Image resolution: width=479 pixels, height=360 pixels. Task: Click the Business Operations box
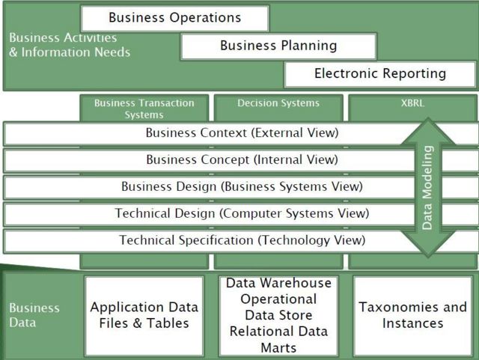coord(175,18)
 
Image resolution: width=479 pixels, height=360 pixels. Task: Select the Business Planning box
coord(278,46)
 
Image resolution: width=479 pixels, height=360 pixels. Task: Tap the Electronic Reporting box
coord(380,74)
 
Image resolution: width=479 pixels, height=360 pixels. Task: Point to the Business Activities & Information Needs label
coord(70,45)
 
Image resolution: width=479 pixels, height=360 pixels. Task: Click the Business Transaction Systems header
coord(144,109)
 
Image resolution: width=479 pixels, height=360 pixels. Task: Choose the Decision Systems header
coord(278,103)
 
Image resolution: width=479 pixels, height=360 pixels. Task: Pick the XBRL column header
coord(412,103)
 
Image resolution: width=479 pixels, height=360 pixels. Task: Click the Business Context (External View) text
coord(242,133)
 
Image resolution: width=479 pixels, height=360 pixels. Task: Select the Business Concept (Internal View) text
coord(242,159)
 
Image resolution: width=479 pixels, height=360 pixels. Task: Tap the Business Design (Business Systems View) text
coord(242,186)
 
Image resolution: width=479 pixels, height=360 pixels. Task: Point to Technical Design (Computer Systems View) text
coord(242,213)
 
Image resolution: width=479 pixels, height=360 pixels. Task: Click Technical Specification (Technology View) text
coord(242,240)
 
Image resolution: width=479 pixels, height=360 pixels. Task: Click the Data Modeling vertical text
coord(427,188)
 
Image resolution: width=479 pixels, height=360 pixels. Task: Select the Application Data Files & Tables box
coord(144,316)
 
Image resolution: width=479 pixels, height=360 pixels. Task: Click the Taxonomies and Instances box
coord(412,316)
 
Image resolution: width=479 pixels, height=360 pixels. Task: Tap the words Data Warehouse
coord(278,283)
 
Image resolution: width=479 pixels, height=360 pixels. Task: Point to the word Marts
coord(278,348)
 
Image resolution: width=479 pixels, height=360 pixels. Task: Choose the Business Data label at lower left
coord(34,315)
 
